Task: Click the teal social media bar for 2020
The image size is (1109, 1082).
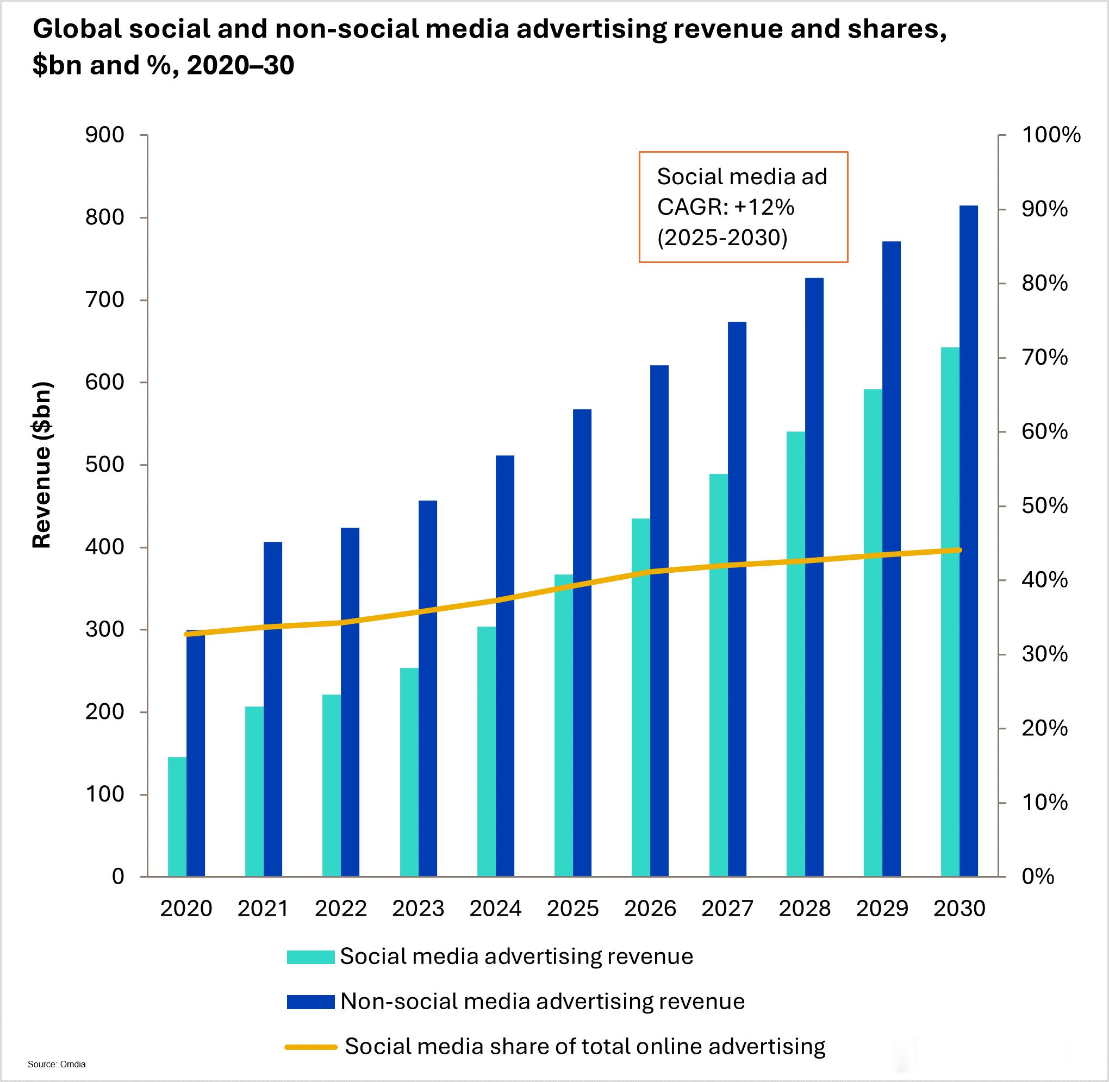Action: coord(177,817)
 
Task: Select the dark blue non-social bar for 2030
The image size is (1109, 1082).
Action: coord(969,541)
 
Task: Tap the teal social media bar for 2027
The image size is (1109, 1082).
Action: coord(719,675)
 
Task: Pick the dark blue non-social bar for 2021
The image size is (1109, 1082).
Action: coord(273,709)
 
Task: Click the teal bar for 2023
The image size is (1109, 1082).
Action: coord(409,772)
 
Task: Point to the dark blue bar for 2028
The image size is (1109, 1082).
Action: coord(814,577)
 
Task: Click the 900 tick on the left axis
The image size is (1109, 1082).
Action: coord(104,135)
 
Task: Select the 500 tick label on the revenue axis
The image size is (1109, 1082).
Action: coord(104,465)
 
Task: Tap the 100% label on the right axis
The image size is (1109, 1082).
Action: coord(1051,135)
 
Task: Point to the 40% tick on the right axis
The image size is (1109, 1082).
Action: coord(1045,580)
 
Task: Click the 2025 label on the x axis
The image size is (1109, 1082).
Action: coord(573,909)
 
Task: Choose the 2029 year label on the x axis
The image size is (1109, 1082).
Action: coord(882,909)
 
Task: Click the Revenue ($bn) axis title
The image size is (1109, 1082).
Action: coord(41,465)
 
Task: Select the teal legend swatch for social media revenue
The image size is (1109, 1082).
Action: coord(310,957)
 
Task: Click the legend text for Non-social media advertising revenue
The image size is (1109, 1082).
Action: coord(543,1002)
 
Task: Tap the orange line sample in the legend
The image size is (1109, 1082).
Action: coord(311,1047)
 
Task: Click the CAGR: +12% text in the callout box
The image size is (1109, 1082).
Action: coord(726,208)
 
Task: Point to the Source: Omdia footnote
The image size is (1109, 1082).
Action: coord(57,1065)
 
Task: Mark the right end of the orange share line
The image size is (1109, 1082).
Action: coord(960,550)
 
